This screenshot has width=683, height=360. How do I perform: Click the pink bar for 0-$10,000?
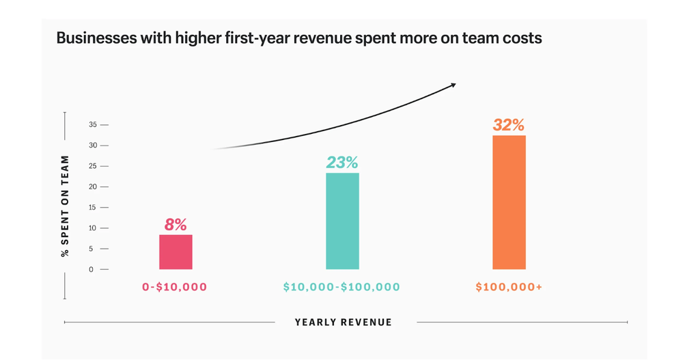pos(176,252)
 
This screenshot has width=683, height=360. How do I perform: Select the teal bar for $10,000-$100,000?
pos(342,221)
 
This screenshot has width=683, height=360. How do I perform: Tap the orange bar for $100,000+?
pos(509,202)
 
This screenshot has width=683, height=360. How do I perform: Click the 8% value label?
pos(176,225)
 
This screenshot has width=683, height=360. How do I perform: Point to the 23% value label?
pos(341,163)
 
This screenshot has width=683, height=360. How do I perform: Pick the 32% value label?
pos(509,125)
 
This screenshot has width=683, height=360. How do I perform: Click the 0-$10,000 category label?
pos(174,288)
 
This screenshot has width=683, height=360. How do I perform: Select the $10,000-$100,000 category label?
pos(341,288)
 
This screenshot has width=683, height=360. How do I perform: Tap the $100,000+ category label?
pos(509,288)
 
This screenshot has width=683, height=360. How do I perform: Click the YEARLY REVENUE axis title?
pos(344,322)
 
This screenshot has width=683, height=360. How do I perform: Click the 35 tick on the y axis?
pos(94,125)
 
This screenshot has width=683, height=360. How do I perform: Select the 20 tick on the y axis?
pos(94,186)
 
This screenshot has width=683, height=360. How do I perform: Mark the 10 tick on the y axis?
pos(94,228)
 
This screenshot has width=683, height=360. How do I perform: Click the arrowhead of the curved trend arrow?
pos(452,84)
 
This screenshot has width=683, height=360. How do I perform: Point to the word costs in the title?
pos(522,38)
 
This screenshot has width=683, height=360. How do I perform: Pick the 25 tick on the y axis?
pos(94,166)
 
